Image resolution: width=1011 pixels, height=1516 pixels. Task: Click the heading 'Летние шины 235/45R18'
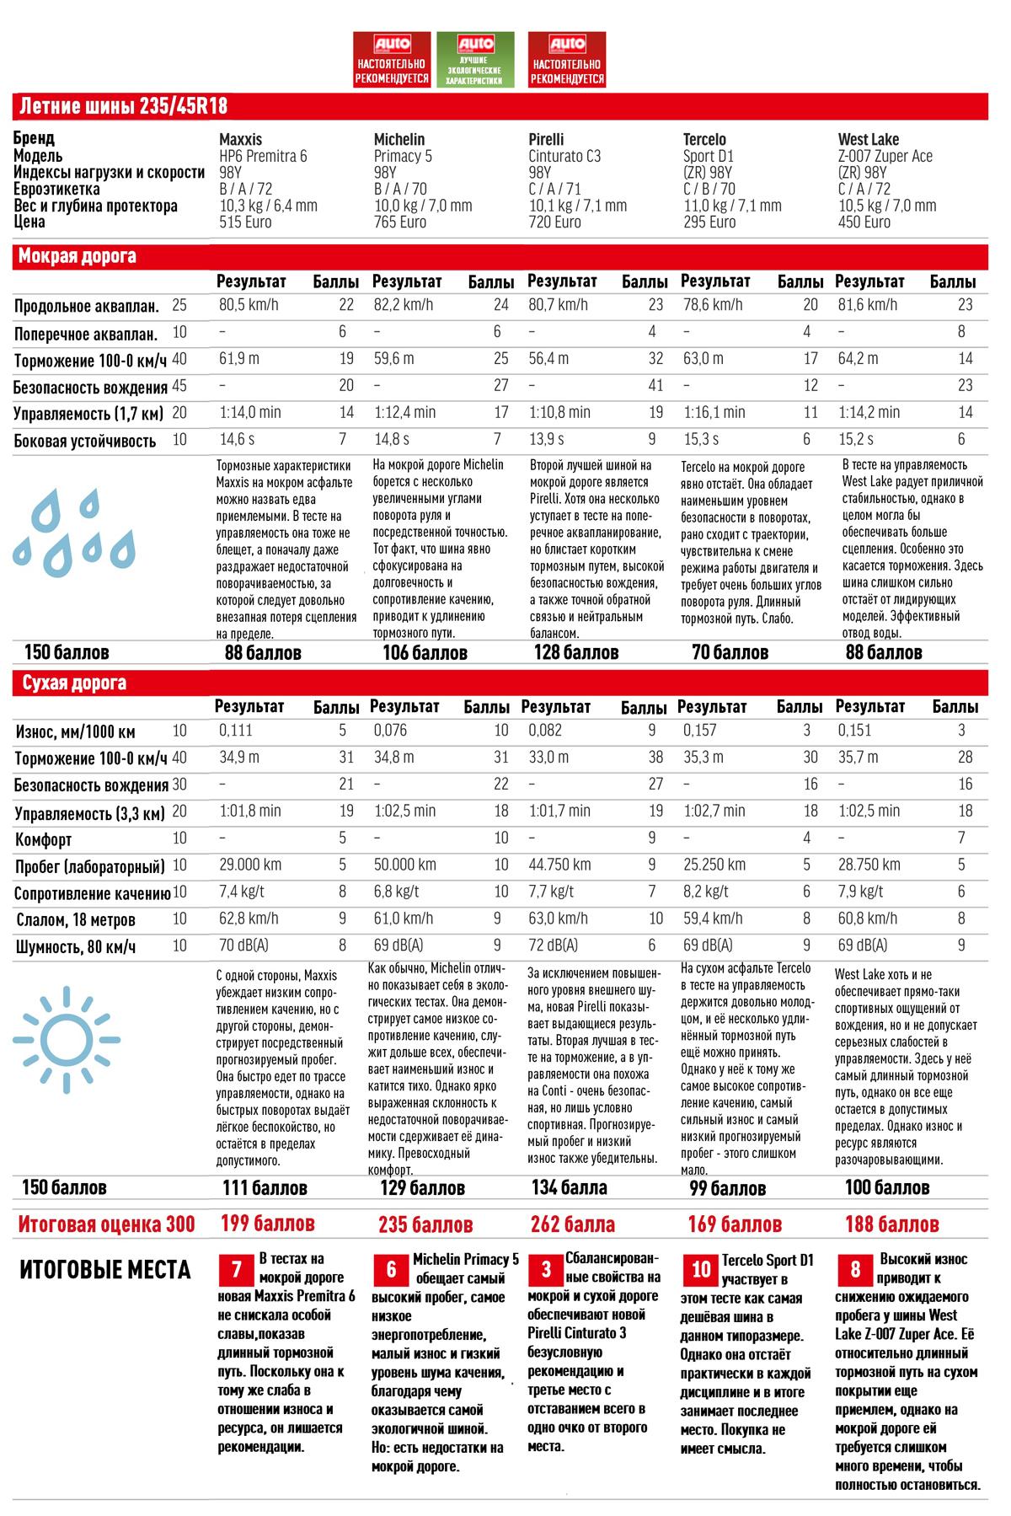pos(123,107)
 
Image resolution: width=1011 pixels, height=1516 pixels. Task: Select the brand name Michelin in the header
pos(399,139)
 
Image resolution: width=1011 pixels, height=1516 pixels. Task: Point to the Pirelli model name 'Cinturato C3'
pos(564,156)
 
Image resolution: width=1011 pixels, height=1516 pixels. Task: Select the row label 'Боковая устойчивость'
pos(85,441)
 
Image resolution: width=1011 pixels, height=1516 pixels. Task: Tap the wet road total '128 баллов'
pos(576,652)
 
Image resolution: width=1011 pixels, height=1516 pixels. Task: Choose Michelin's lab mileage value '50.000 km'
pos(404,865)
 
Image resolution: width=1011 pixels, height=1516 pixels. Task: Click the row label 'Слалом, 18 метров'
pos(76,920)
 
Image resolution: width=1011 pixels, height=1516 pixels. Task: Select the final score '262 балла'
pos(573,1224)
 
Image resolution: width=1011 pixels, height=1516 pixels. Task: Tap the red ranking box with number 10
pos(701,1269)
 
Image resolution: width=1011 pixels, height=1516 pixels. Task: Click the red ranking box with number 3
pos(546,1269)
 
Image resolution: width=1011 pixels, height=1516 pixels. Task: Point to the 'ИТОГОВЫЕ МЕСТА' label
pos(105,1271)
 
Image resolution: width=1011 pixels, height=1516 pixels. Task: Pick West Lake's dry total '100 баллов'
pos(887,1187)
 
